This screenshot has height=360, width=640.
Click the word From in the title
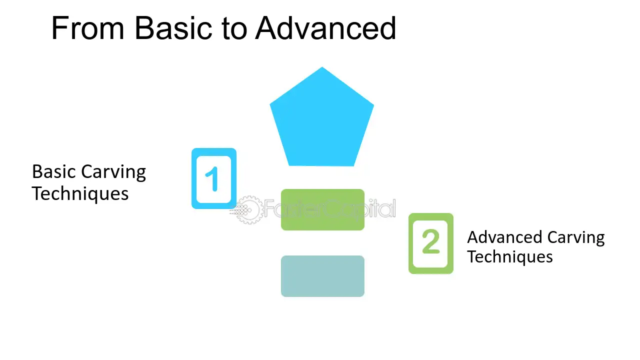click(x=87, y=28)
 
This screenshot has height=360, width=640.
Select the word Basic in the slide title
click(x=173, y=28)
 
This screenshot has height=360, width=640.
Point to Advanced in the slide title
click(x=325, y=28)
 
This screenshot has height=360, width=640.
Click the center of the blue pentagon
click(x=322, y=120)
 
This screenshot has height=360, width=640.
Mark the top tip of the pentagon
click(x=322, y=67)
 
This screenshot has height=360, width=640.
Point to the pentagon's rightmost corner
click(x=373, y=105)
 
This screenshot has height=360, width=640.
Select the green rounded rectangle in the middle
click(x=322, y=209)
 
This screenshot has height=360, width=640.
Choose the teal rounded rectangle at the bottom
click(x=322, y=276)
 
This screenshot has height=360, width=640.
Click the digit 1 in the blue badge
click(x=212, y=179)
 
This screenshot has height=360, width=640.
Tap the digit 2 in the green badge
click(x=430, y=241)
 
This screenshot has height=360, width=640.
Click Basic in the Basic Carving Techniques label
click(x=53, y=171)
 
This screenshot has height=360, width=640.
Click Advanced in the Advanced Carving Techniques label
click(x=504, y=237)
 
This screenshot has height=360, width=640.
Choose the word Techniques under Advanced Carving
click(x=510, y=257)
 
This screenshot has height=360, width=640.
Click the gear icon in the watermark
click(x=248, y=209)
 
